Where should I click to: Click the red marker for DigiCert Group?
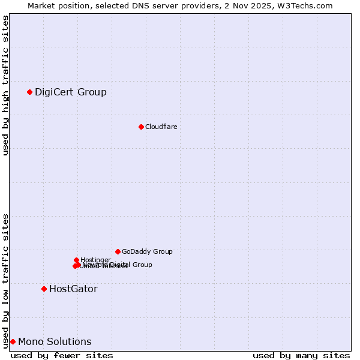(x=29, y=92)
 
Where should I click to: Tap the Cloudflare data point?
(x=141, y=127)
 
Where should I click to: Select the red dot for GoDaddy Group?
(x=118, y=251)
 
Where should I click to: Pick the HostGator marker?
(x=44, y=289)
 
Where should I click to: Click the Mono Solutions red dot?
(x=13, y=341)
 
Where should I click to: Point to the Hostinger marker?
(x=76, y=260)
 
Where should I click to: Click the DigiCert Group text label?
(x=70, y=92)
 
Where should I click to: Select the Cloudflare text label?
(x=161, y=127)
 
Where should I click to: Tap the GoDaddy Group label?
(x=147, y=251)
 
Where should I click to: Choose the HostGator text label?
(x=73, y=289)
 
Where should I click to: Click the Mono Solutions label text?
(x=55, y=341)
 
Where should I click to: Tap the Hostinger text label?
(x=95, y=260)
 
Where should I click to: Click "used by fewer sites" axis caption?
(x=62, y=355)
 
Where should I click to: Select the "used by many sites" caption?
(x=301, y=355)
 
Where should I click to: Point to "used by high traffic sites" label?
(x=5, y=85)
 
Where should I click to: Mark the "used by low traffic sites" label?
(x=5, y=280)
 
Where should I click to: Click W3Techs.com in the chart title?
(x=305, y=5)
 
